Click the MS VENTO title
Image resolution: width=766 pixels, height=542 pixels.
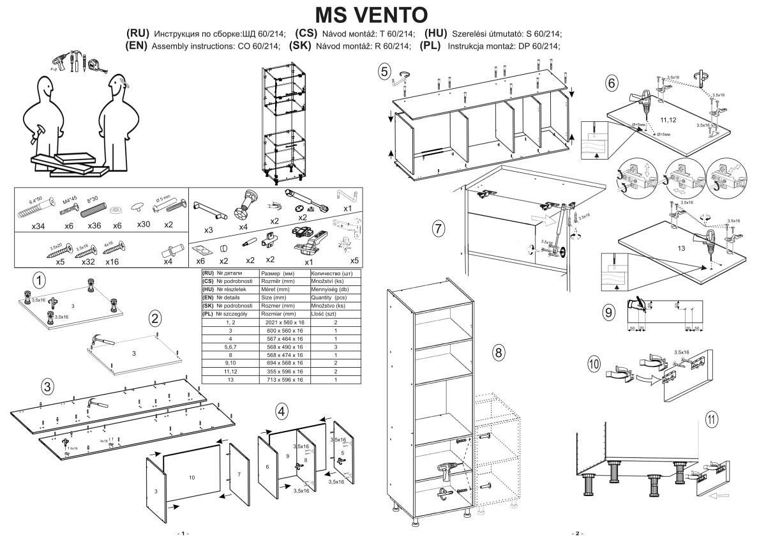(372, 14)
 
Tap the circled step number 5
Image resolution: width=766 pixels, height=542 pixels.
(384, 72)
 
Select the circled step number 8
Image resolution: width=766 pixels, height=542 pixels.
(499, 352)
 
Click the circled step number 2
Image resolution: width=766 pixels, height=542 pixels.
(155, 318)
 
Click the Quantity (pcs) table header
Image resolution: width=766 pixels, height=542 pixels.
(328, 297)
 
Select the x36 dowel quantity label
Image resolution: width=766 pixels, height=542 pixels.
(94, 225)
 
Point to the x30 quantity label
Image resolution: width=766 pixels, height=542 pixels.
(144, 225)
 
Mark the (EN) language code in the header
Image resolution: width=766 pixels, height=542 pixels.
(138, 46)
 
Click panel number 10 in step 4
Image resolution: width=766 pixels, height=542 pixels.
(192, 477)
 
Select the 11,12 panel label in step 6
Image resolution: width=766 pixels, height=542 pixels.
(668, 119)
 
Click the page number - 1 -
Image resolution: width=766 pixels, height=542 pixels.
(183, 533)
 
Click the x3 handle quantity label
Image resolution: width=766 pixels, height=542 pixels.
(208, 230)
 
